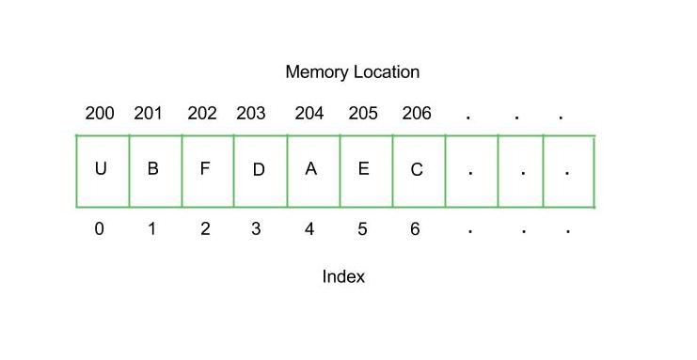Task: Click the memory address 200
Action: point(99,114)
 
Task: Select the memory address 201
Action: point(149,114)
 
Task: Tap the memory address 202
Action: point(202,114)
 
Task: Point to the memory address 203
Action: point(251,114)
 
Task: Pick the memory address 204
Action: point(309,114)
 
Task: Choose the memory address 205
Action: point(363,114)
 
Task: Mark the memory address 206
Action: point(417,114)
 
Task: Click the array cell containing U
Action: point(103,171)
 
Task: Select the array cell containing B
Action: point(155,171)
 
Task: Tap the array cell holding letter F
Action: point(208,171)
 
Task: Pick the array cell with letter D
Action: point(261,171)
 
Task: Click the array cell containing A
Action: point(313,171)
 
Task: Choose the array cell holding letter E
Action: point(366,171)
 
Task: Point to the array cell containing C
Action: point(419,171)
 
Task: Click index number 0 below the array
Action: point(99,228)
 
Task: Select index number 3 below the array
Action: point(256,228)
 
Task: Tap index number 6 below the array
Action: point(415,228)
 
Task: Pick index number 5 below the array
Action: point(362,228)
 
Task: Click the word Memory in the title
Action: point(317,72)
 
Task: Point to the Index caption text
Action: point(343,276)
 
